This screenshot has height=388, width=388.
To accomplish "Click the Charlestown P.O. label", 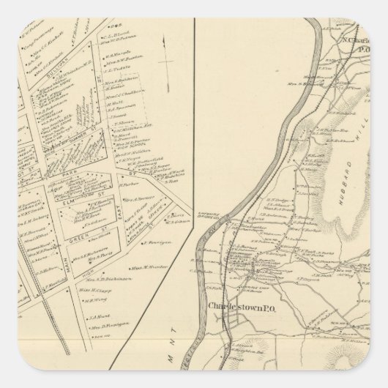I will coord(240,306).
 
